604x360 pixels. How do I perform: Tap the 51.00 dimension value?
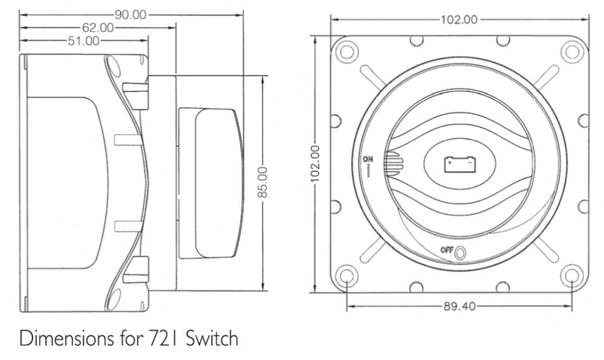pyautogui.click(x=83, y=41)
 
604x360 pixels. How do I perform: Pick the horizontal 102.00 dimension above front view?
pyautogui.click(x=459, y=20)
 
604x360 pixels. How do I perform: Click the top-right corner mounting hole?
pyautogui.click(x=571, y=51)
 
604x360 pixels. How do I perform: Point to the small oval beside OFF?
pyautogui.click(x=461, y=252)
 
